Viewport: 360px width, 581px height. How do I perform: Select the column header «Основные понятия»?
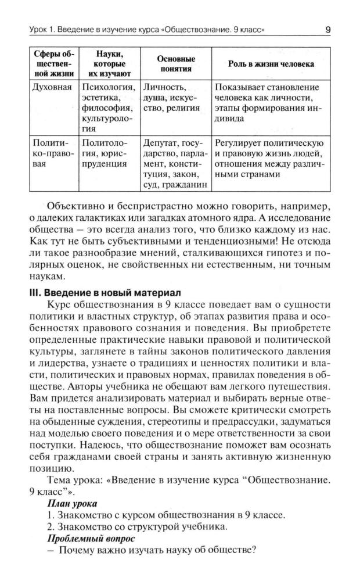click(x=176, y=64)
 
